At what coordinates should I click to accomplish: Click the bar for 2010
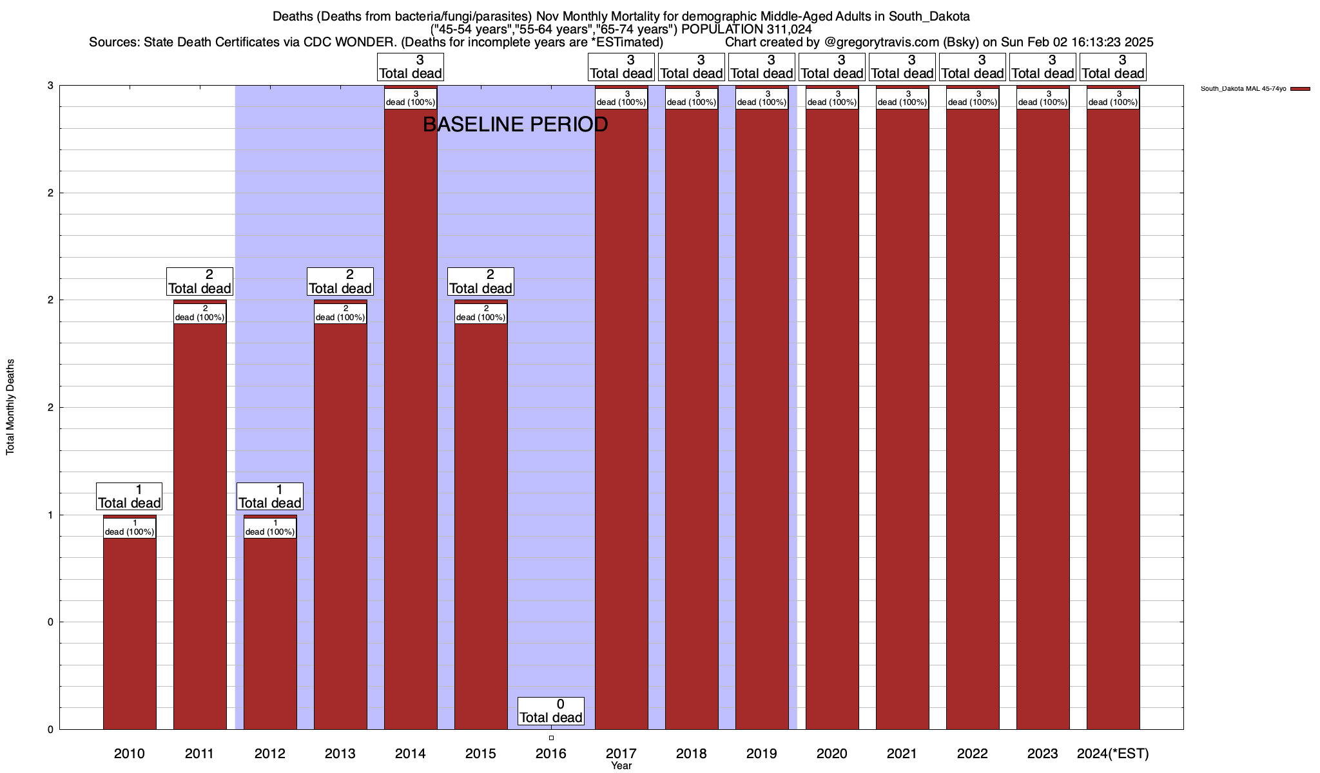pyautogui.click(x=130, y=631)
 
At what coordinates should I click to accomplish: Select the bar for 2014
pyautogui.click(x=411, y=419)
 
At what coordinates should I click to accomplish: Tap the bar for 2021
pyautogui.click(x=902, y=419)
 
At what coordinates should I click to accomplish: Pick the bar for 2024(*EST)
pyautogui.click(x=1113, y=419)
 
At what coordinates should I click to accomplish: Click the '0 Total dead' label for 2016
pyautogui.click(x=551, y=711)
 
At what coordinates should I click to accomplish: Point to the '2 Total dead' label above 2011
pyautogui.click(x=199, y=282)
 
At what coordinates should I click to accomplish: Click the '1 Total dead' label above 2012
pyautogui.click(x=269, y=497)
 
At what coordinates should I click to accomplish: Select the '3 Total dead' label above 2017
pyautogui.click(x=621, y=67)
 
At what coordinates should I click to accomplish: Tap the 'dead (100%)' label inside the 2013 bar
pyautogui.click(x=340, y=313)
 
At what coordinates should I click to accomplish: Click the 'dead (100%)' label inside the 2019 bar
pyautogui.click(x=762, y=98)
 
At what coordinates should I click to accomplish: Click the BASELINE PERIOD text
pyautogui.click(x=515, y=124)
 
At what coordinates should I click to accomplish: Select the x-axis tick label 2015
pyautogui.click(x=481, y=754)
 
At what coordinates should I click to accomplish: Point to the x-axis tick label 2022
pyautogui.click(x=973, y=754)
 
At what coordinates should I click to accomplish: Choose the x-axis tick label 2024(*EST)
pyautogui.click(x=1113, y=754)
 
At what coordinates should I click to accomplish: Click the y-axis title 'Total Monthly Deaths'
pyautogui.click(x=10, y=407)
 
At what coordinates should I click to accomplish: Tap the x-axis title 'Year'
pyautogui.click(x=621, y=766)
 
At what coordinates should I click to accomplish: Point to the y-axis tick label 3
pyautogui.click(x=50, y=86)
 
